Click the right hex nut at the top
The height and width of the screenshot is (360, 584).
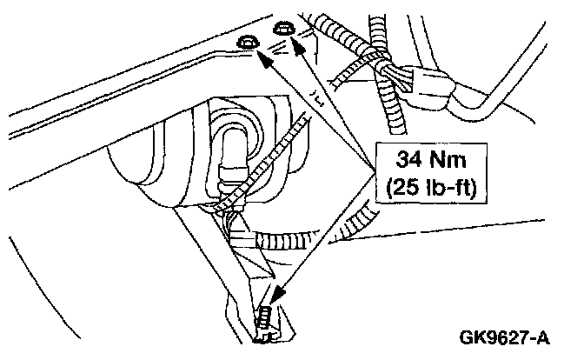coord(281,32)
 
